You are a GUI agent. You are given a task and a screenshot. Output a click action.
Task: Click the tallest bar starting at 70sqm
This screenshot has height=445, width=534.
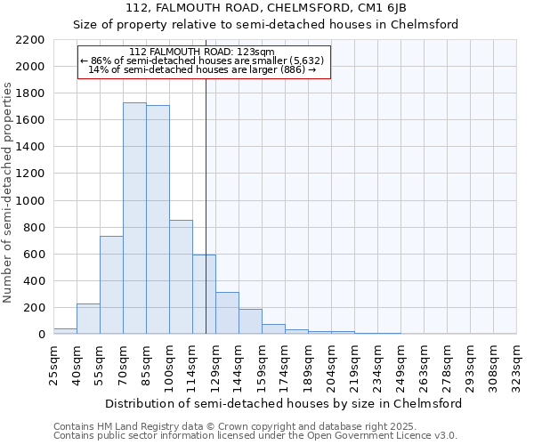pos(134,218)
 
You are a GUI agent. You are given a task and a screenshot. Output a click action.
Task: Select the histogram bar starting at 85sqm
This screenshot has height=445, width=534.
pos(158,220)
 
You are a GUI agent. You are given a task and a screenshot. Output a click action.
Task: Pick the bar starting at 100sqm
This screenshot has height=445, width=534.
pos(181,277)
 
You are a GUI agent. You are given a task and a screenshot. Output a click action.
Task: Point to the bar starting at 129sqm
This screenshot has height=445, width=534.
pos(227,312)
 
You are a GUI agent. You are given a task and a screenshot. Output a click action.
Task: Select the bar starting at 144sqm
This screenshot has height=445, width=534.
pos(250,321)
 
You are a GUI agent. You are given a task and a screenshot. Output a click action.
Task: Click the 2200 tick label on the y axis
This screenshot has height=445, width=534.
pos(30,40)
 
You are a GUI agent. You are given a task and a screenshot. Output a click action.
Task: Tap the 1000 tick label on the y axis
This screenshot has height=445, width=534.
pos(30,201)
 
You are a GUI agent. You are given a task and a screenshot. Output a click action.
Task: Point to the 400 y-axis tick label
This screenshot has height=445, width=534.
pos(34,281)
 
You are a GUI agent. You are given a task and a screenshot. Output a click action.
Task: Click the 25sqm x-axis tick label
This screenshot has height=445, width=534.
pos(53,364)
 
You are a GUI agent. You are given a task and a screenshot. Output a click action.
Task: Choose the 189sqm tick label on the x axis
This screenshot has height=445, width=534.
pos(308,364)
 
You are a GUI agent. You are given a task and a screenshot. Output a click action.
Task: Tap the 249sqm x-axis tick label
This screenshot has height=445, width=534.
pos(400,364)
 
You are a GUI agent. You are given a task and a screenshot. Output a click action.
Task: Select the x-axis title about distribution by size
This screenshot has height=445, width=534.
pos(284,403)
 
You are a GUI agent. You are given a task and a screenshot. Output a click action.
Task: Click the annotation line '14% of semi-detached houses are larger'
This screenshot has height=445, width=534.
pos(203,69)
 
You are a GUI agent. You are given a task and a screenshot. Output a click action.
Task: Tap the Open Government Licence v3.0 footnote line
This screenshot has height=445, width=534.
pos(255,436)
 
